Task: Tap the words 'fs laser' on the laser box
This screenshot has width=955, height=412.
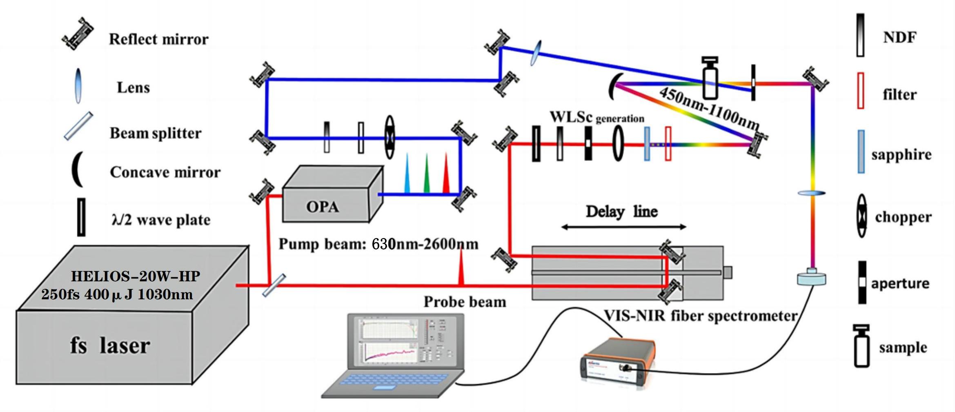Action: pos(110,345)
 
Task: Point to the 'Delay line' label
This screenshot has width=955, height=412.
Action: pos(621,212)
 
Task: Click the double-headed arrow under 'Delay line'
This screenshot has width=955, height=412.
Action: pos(623,227)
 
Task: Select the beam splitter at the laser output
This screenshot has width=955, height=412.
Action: pos(274,285)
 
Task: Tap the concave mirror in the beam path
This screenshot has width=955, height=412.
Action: pos(614,86)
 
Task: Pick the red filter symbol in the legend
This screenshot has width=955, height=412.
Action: pos(860,91)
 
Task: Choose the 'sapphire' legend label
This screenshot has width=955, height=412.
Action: pos(901,155)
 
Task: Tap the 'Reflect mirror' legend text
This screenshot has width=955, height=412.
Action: pos(158,39)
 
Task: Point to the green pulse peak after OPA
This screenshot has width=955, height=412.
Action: pos(427,173)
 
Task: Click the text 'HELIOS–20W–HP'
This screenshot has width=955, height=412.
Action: pos(136,276)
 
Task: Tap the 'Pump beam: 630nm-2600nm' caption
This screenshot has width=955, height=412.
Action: pos(378,244)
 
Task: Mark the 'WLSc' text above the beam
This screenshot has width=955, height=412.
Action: pos(571,117)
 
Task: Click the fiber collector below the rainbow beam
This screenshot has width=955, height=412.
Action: pos(811,278)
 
